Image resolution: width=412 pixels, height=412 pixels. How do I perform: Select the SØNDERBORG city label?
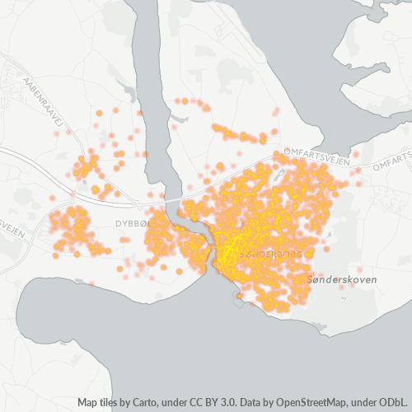pos(269,255)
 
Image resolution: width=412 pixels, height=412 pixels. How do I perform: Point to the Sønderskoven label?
pos(341,280)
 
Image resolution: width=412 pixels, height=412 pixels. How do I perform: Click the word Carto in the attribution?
pos(147,403)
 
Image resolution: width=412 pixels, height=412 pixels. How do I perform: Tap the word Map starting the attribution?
pos(89,403)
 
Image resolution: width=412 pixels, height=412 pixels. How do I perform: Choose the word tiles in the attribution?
pos(113,403)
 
